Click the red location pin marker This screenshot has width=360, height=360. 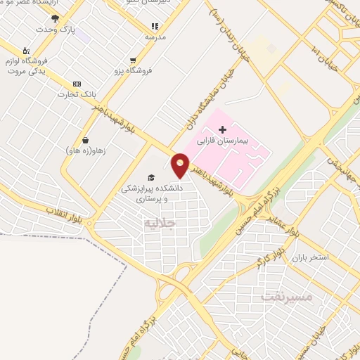tap(181, 165)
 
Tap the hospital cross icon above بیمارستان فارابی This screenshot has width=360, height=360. tap(223, 129)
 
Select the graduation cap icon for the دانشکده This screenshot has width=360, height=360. tap(151, 176)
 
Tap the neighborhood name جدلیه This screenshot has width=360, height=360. tap(159, 222)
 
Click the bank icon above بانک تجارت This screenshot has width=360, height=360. tap(77, 84)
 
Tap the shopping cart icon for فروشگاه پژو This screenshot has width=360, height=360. tap(133, 60)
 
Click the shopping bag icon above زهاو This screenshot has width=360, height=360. tap(86, 140)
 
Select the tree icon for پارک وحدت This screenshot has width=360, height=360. tap(56, 19)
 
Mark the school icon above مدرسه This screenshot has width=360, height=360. tap(155, 27)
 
